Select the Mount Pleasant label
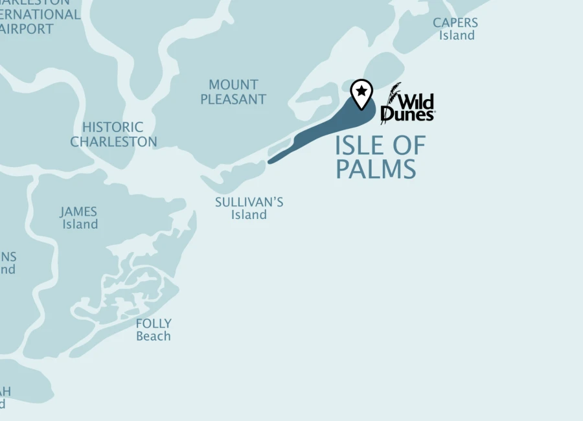coord(233,92)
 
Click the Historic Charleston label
coord(113,134)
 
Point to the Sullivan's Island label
coord(249,208)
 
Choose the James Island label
coord(79,218)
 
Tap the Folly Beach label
coord(154,329)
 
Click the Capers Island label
coord(456,28)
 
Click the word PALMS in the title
coord(376,169)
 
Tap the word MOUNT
coord(233,85)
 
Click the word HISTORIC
coord(113,127)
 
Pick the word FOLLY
coord(154,323)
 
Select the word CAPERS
coord(456,23)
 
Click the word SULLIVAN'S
coord(249,202)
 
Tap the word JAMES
coord(79,212)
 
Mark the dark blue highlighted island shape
coord(324,130)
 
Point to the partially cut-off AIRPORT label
coord(27,28)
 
